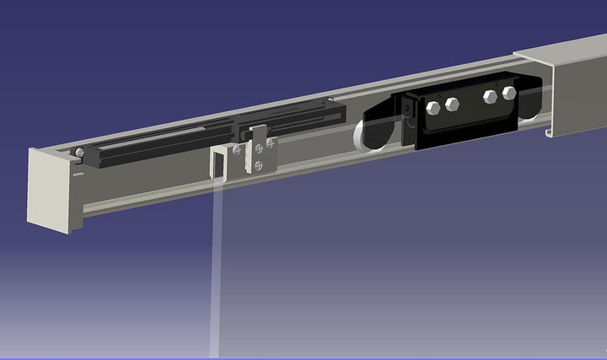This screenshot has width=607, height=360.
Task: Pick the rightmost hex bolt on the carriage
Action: pyautogui.click(x=508, y=91)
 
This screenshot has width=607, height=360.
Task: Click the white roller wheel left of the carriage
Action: pyautogui.click(x=369, y=136)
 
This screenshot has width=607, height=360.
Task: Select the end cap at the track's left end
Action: pyautogui.click(x=51, y=187)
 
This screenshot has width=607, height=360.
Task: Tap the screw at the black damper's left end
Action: pyautogui.click(x=78, y=152)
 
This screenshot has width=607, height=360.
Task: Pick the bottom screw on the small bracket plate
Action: pyautogui.click(x=259, y=166)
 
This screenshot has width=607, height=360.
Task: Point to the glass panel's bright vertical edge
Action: pyautogui.click(x=218, y=270)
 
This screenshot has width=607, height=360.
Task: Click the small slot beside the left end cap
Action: pyautogui.click(x=78, y=175)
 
